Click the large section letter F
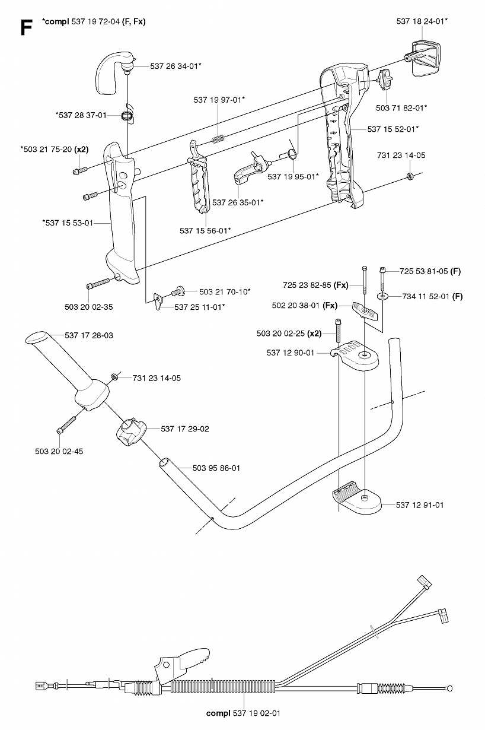(x=26, y=27)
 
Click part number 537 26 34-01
(x=176, y=66)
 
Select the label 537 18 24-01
(x=422, y=21)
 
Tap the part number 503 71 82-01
(x=401, y=108)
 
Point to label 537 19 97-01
(x=219, y=100)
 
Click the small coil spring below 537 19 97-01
(x=218, y=139)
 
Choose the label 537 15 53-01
(x=68, y=223)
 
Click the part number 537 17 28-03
(x=89, y=335)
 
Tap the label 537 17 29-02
(x=185, y=429)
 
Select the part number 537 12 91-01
(x=420, y=505)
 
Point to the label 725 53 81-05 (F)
(x=430, y=271)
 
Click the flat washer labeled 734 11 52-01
(x=383, y=296)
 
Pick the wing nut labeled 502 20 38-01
(x=365, y=310)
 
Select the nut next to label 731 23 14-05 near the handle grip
(x=114, y=377)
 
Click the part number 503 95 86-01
(x=216, y=468)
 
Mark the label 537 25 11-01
(x=200, y=307)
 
